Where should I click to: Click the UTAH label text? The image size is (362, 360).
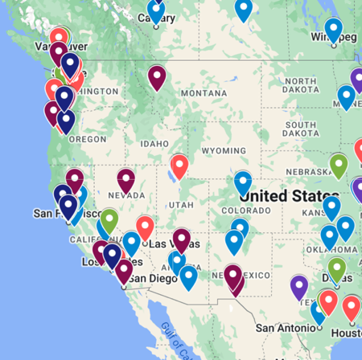click(x=180, y=205)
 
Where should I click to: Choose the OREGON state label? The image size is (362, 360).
click(x=88, y=138)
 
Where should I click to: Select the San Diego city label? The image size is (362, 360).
click(x=149, y=278)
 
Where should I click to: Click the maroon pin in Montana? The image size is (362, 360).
click(x=157, y=77)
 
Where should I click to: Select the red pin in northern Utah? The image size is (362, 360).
click(x=179, y=166)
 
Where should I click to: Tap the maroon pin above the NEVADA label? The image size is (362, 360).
click(x=126, y=179)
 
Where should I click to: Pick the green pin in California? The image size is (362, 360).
click(x=109, y=219)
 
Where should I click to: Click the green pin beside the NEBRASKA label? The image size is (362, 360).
click(x=339, y=165)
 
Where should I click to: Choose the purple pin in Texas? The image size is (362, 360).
click(x=299, y=286)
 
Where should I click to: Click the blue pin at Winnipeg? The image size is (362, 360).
click(x=333, y=31)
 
